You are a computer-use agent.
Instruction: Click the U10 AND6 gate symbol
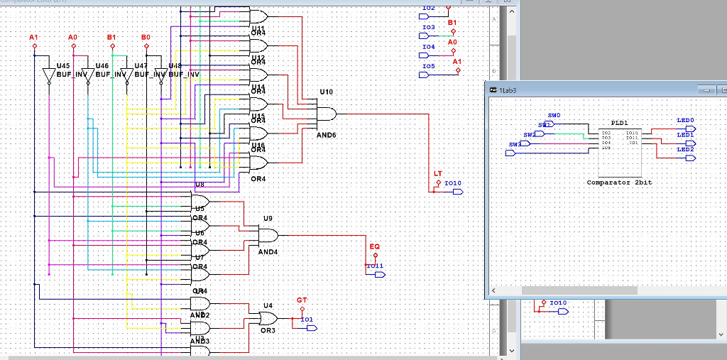pos(326,114)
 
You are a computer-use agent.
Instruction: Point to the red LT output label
pos(437,174)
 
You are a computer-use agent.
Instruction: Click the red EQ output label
pos(375,246)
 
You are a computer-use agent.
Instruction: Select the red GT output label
pos(302,300)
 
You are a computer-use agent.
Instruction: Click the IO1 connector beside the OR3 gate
pos(307,327)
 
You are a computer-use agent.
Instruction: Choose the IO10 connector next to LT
pos(454,191)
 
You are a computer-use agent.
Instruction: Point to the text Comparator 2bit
pos(619,182)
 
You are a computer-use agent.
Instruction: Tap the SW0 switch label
pos(554,115)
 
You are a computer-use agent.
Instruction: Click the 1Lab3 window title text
pos(508,91)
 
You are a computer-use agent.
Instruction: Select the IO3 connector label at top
pos(428,28)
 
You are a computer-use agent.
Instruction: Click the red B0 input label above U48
pos(146,36)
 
